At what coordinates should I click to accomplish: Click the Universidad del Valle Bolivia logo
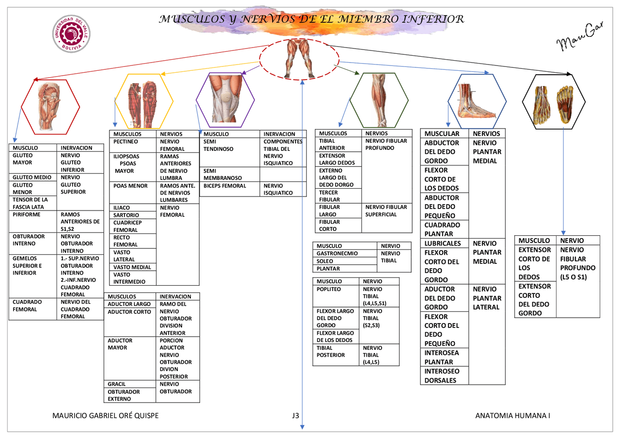(x=71, y=33)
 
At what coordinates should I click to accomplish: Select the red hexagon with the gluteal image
(x=50, y=107)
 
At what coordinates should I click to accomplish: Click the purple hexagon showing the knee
(x=225, y=99)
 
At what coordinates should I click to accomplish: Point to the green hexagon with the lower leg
(x=379, y=100)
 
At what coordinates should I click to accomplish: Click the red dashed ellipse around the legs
(x=299, y=59)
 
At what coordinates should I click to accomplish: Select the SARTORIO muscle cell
(x=126, y=215)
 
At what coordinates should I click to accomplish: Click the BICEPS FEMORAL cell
(x=225, y=186)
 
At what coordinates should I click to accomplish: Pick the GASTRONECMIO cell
(x=338, y=253)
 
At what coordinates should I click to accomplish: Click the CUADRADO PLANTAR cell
(x=442, y=229)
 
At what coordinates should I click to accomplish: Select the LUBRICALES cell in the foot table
(x=443, y=243)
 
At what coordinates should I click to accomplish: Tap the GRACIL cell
(x=117, y=384)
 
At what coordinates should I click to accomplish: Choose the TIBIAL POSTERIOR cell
(x=331, y=351)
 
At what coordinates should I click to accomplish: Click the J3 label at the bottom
(x=295, y=416)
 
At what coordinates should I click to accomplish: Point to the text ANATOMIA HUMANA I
(x=513, y=416)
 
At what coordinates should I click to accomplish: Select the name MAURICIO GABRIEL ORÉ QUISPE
(x=105, y=416)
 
